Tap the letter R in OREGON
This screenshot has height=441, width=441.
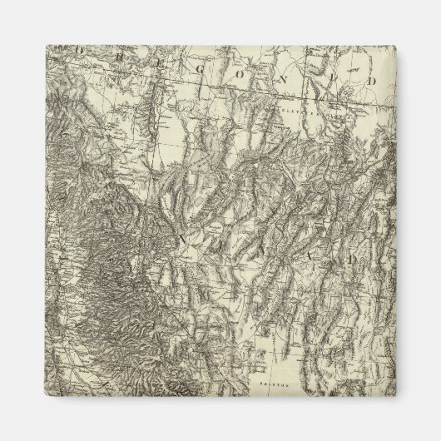[104, 51]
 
